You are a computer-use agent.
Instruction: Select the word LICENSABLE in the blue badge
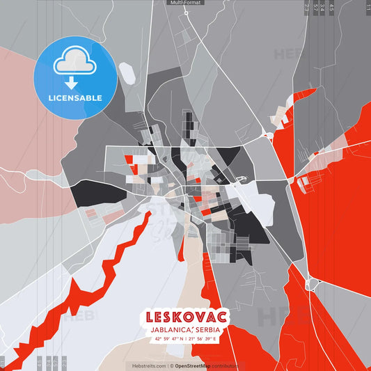pyautogui.click(x=75, y=97)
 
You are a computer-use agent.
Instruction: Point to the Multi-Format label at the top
pyautogui.click(x=185, y=3)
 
